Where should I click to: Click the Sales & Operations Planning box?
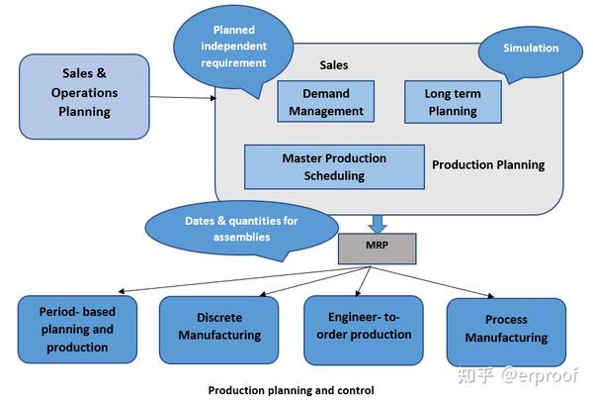point(84,97)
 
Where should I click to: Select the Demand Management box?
point(325,102)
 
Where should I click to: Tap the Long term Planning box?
point(453,102)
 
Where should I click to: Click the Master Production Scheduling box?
point(334,166)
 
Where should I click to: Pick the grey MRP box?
point(378,249)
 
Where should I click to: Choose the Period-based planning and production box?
point(77,330)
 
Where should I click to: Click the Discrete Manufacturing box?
point(219,330)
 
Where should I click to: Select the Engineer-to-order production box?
point(364,330)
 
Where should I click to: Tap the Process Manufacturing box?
point(506,332)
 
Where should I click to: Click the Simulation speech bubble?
point(530,51)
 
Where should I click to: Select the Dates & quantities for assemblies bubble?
point(241,229)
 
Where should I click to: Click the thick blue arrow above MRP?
point(378,225)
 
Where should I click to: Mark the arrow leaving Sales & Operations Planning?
point(183,97)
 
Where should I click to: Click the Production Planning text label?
point(488,164)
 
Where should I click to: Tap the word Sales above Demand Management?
point(334,65)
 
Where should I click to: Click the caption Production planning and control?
point(292,390)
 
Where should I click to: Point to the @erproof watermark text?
point(540,376)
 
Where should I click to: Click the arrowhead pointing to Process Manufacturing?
point(491,296)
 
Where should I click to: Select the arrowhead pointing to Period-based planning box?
point(121,291)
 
